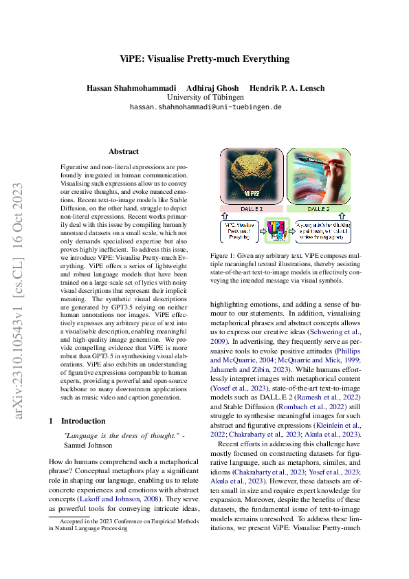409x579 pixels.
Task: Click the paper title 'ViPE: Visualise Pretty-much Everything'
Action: click(204, 58)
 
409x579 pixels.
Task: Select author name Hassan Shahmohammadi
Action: click(126, 88)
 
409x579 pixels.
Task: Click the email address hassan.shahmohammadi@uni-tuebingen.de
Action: click(206, 108)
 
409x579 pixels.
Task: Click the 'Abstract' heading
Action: click(124, 151)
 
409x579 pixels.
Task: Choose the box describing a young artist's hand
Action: click(322, 232)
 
